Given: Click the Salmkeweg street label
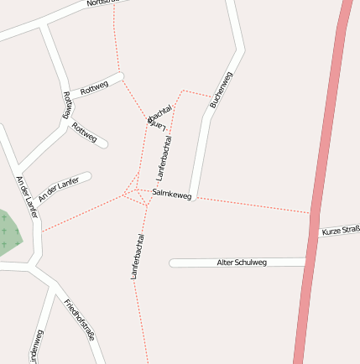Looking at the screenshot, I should tap(172, 195).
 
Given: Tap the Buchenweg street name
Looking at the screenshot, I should tap(220, 90).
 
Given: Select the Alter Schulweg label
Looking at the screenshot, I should tap(242, 263).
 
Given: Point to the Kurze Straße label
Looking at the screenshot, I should tap(341, 230).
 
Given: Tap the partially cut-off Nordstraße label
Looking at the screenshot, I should tap(107, 3).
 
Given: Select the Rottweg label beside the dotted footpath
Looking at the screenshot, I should tap(94, 86).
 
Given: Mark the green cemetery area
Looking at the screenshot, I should tap(8, 232).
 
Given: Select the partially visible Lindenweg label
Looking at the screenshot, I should tap(35, 347).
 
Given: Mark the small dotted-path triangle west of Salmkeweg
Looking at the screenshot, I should tap(132, 191).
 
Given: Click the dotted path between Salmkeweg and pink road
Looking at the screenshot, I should tap(252, 205).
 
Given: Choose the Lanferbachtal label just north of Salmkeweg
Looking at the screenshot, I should tap(164, 158).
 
